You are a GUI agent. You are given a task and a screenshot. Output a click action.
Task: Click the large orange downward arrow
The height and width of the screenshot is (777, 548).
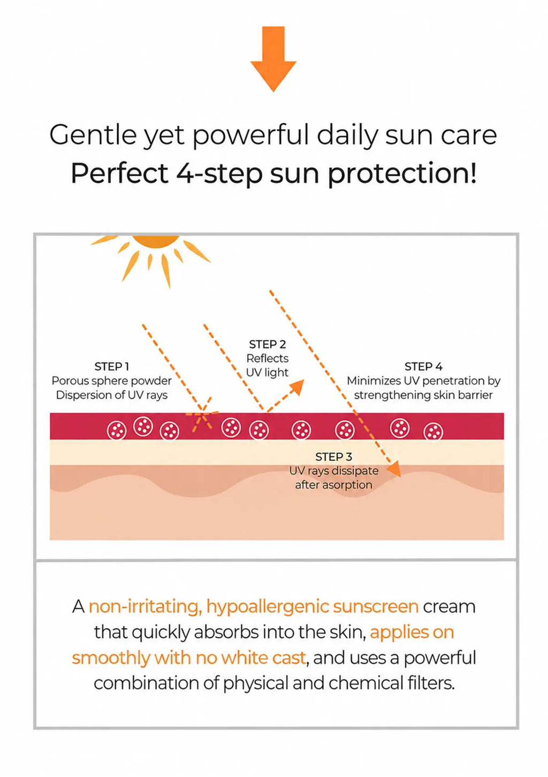click(273, 59)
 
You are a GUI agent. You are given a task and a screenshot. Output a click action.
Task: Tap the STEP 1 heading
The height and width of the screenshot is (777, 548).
click(112, 367)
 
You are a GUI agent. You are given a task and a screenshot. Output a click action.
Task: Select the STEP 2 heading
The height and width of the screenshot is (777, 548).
click(267, 344)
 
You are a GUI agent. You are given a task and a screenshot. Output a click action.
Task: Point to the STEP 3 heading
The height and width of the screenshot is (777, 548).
click(333, 457)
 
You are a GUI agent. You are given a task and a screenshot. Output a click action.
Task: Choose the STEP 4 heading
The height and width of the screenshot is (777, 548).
click(423, 367)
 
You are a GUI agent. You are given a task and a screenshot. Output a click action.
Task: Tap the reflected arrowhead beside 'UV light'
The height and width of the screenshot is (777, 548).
click(297, 387)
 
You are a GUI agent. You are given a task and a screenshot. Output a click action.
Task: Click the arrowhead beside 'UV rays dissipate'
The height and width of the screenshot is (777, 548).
click(394, 469)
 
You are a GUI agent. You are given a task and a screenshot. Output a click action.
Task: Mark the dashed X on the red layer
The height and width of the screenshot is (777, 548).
click(202, 414)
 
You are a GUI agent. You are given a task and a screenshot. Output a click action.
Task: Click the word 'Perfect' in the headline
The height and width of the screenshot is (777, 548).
click(119, 173)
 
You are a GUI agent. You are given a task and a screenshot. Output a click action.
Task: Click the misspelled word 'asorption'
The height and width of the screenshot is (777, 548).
click(347, 485)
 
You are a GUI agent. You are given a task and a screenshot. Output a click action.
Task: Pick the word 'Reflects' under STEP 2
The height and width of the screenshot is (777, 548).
click(267, 358)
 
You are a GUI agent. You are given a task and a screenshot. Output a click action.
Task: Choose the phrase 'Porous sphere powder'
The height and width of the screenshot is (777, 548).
click(112, 381)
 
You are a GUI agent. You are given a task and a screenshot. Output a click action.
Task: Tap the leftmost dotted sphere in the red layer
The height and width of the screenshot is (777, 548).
click(117, 431)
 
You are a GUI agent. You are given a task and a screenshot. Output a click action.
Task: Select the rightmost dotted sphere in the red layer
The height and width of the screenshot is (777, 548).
click(433, 432)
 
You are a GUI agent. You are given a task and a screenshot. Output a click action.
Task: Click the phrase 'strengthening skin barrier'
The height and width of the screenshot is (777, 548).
click(423, 395)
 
